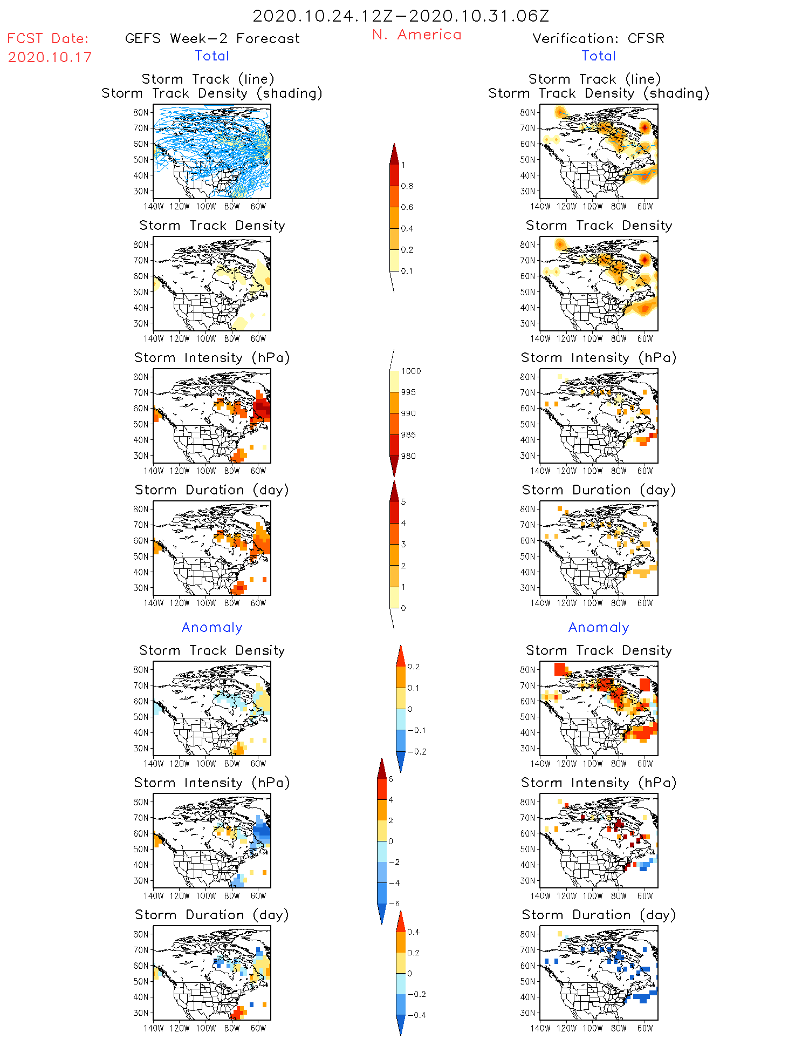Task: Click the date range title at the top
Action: pyautogui.click(x=401, y=16)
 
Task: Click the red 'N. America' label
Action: pyautogui.click(x=416, y=35)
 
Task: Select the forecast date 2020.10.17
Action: pyautogui.click(x=50, y=57)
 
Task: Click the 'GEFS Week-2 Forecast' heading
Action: pyautogui.click(x=212, y=38)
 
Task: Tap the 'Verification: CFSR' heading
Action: pyautogui.click(x=598, y=38)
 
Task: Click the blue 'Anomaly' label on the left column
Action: pyautogui.click(x=212, y=627)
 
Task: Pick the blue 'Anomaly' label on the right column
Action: pyautogui.click(x=599, y=627)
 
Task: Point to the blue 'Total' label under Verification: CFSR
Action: pyautogui.click(x=599, y=56)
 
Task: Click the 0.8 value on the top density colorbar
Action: pyautogui.click(x=407, y=186)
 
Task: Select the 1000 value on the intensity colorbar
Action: pyautogui.click(x=410, y=371)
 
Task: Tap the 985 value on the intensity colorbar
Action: pyautogui.click(x=408, y=435)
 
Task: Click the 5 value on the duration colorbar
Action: pyautogui.click(x=403, y=502)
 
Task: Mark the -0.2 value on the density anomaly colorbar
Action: pyautogui.click(x=416, y=752)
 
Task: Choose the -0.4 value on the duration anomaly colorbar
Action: pyautogui.click(x=416, y=1015)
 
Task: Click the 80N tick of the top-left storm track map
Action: pyautogui.click(x=141, y=112)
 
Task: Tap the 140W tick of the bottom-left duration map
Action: pyautogui.click(x=154, y=1028)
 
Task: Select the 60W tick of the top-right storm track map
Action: pyautogui.click(x=645, y=206)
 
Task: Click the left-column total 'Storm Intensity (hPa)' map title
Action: pyautogui.click(x=212, y=357)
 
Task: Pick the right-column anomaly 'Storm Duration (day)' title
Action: pyautogui.click(x=599, y=915)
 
